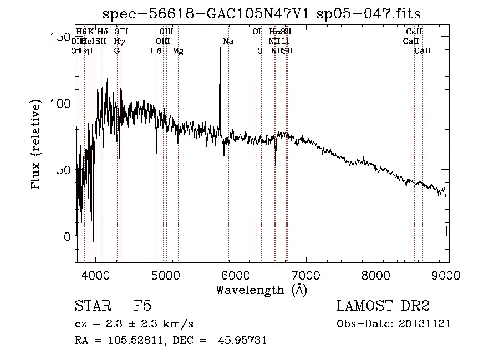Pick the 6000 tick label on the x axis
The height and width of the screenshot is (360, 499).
tap(236, 274)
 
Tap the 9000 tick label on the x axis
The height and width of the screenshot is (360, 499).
tap(447, 274)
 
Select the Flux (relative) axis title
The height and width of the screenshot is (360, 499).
tap(37, 145)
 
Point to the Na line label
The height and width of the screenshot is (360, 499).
tap(227, 42)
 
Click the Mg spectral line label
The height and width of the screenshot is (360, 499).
tap(178, 51)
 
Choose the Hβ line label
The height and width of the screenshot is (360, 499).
tap(156, 51)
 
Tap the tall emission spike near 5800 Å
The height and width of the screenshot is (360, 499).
tap(220, 55)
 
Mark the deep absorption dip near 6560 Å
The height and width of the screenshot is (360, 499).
tap(276, 161)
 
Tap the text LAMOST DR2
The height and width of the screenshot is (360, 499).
tap(383, 306)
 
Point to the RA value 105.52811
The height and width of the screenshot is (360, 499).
tap(134, 341)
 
